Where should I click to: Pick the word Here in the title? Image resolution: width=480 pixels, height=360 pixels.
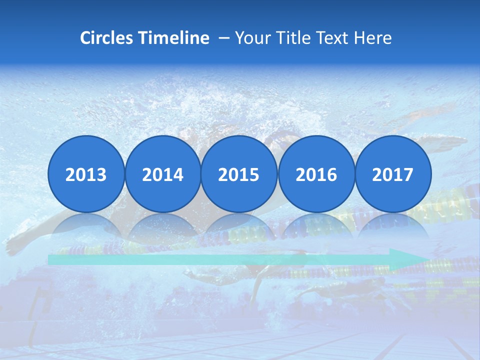(373, 38)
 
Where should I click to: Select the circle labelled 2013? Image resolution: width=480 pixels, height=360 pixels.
(86, 174)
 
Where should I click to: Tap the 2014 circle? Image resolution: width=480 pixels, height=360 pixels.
(162, 174)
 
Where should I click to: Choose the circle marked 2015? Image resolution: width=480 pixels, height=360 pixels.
(239, 174)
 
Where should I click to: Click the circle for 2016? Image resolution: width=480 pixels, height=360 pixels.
(316, 174)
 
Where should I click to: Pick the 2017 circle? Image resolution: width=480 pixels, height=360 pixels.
(392, 174)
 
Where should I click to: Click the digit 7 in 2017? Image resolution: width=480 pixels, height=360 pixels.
(408, 174)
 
